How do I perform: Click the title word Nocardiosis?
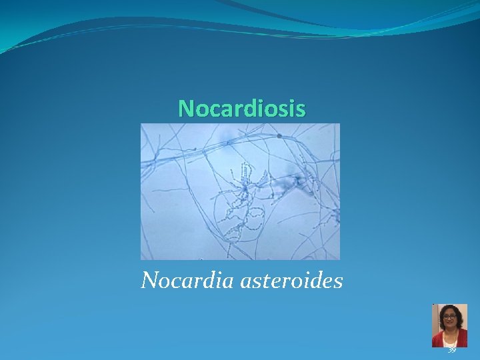tap(242, 108)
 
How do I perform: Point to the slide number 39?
tap(452, 349)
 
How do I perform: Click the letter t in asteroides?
tap(257, 281)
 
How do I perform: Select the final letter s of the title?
tap(301, 108)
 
